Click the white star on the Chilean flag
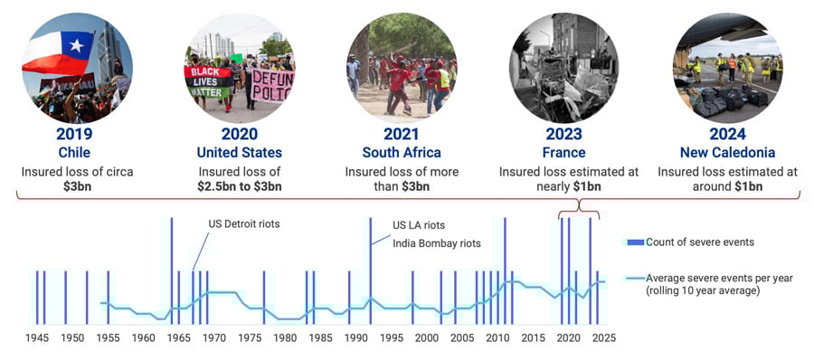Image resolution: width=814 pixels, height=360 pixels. [76, 45]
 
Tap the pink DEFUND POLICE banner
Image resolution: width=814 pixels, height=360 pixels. [272, 85]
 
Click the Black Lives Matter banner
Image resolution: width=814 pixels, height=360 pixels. [208, 81]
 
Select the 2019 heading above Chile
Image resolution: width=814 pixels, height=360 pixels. [74, 134]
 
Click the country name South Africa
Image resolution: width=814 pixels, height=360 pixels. [402, 152]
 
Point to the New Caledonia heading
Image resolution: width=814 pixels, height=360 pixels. [727, 152]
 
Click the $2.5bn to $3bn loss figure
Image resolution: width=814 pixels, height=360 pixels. [240, 187]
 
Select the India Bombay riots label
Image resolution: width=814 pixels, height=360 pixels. [437, 242]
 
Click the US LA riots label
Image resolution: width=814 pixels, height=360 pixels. [419, 225]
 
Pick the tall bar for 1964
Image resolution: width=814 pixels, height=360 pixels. [171, 270]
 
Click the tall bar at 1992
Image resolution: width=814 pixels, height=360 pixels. [370, 270]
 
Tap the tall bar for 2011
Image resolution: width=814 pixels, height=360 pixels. [505, 270]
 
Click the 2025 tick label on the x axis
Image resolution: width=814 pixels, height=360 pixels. [604, 338]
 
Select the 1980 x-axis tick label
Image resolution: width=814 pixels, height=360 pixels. [285, 338]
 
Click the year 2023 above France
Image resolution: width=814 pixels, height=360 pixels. [563, 134]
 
